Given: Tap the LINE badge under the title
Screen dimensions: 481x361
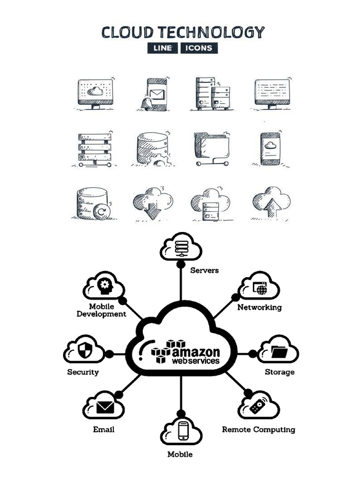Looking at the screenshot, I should (162, 48).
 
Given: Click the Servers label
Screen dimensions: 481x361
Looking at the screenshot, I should (204, 271).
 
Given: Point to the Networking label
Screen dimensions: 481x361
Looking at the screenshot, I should (259, 307).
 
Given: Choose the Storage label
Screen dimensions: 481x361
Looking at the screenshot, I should (280, 372).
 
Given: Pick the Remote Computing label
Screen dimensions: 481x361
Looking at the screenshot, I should (259, 429).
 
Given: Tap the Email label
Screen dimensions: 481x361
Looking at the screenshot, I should (103, 429).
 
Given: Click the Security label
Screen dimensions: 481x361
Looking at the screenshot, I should (83, 372).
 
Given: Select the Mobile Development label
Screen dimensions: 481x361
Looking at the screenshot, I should (102, 310).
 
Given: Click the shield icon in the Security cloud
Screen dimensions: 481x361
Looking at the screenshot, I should (85, 350).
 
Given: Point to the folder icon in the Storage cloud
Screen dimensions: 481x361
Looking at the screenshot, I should (281, 351).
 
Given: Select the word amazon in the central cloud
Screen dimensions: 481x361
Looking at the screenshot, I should (196, 352).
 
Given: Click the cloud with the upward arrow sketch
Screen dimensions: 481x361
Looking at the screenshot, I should (271, 202).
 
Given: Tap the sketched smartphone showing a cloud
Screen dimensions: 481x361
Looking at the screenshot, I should (270, 148).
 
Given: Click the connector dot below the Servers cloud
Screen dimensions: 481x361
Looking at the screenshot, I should (180, 264).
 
